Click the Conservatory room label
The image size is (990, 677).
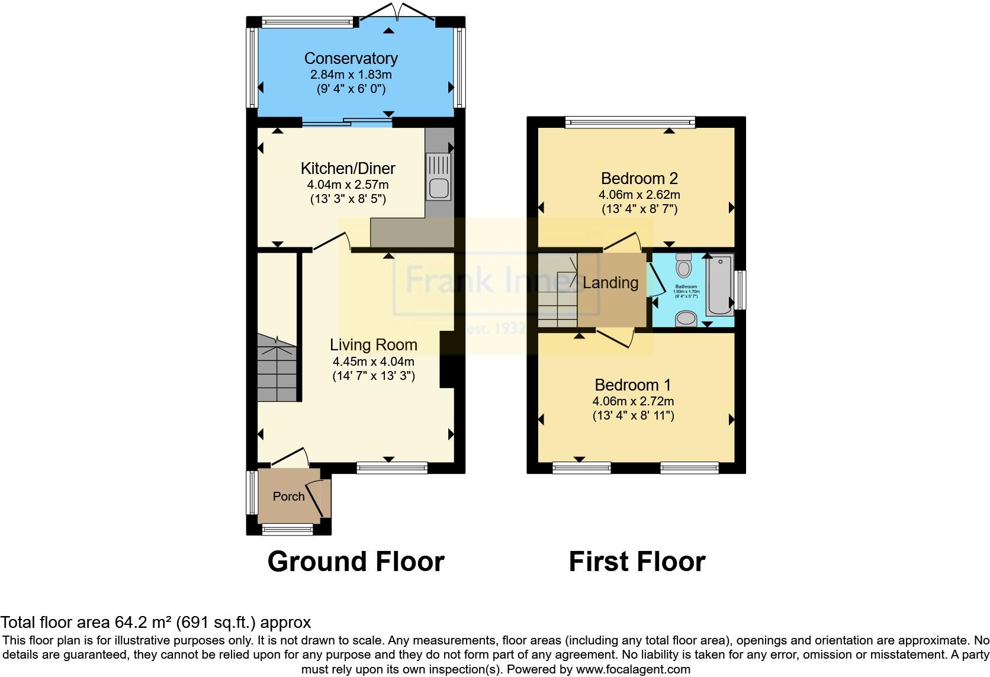(x=351, y=58)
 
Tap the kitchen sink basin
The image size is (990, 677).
(x=438, y=188)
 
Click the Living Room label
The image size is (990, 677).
(x=373, y=344)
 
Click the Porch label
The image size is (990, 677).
(x=288, y=496)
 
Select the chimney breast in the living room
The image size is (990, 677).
(x=447, y=360)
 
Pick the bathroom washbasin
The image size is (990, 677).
(x=686, y=319)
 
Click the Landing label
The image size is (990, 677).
(x=610, y=283)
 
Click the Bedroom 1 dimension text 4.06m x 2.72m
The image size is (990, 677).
(x=633, y=401)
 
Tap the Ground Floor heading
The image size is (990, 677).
(x=355, y=561)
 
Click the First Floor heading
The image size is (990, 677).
(x=637, y=561)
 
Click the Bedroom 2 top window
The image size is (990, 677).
(x=630, y=122)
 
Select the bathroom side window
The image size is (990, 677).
(x=740, y=289)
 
